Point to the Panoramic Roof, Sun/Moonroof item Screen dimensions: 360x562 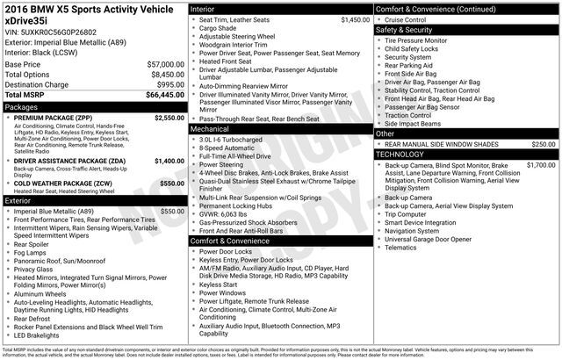click(x=60, y=260)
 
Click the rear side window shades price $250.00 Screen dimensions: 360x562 click(x=543, y=144)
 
